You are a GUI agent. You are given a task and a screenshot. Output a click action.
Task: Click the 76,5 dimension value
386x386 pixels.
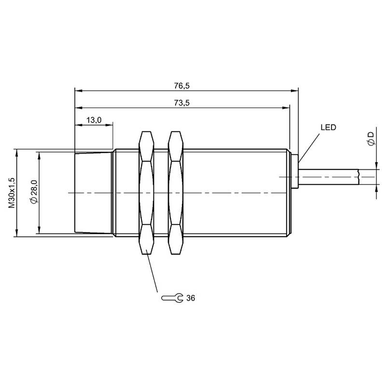point(182,86)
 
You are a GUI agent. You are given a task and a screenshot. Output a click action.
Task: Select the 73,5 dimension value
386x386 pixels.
point(182,103)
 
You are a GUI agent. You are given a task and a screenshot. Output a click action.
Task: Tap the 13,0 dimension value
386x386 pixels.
point(94,120)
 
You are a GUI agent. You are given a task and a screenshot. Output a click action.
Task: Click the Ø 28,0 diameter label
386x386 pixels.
point(34,192)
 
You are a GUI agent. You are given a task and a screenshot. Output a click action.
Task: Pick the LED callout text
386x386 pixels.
point(328,127)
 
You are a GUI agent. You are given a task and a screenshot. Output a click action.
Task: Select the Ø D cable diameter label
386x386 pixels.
point(371,138)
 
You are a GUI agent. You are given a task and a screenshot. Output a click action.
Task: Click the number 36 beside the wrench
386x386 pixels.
point(191,298)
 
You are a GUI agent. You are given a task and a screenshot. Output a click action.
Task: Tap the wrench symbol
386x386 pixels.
point(172,298)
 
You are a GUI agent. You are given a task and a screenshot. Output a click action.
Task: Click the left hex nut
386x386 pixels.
point(147,193)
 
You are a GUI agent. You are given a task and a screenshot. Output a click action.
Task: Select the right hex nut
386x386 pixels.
point(176,193)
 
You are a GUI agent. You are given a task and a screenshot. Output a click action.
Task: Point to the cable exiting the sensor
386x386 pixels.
point(329,177)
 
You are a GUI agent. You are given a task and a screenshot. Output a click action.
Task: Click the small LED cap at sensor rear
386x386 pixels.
point(295,172)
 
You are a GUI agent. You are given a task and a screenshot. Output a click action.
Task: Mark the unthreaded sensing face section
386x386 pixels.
point(93,193)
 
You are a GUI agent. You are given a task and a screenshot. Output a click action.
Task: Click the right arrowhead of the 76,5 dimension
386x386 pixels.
point(294,91)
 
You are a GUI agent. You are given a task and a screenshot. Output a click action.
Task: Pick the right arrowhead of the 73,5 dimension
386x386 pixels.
point(286,108)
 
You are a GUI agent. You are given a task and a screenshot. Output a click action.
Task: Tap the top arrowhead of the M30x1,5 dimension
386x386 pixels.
point(16,153)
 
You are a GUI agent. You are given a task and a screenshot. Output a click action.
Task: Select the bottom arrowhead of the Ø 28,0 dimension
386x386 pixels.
point(39,230)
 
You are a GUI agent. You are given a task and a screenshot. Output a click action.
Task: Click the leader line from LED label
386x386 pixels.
point(309,148)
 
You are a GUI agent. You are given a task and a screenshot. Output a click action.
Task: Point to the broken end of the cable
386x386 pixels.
point(358,177)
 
